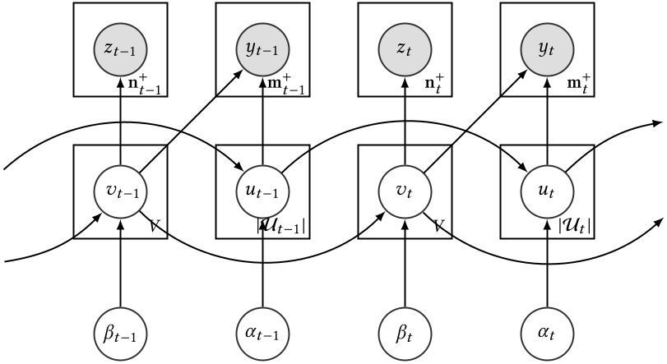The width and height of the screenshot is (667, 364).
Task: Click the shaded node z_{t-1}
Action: click(x=121, y=49)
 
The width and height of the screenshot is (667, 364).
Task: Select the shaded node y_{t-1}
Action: click(x=262, y=49)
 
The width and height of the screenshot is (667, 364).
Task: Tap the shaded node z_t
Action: click(x=405, y=49)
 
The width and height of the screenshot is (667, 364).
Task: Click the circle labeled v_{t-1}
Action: click(x=121, y=192)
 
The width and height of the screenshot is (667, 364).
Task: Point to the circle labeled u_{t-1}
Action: click(x=262, y=192)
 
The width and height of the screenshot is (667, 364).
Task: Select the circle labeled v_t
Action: click(x=405, y=192)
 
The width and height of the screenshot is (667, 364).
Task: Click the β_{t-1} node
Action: click(x=121, y=334)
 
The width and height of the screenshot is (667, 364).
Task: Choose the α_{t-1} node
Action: click(x=262, y=334)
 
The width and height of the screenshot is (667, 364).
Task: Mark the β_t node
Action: click(x=405, y=334)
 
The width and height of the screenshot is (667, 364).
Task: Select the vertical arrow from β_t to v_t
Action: click(x=405, y=263)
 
